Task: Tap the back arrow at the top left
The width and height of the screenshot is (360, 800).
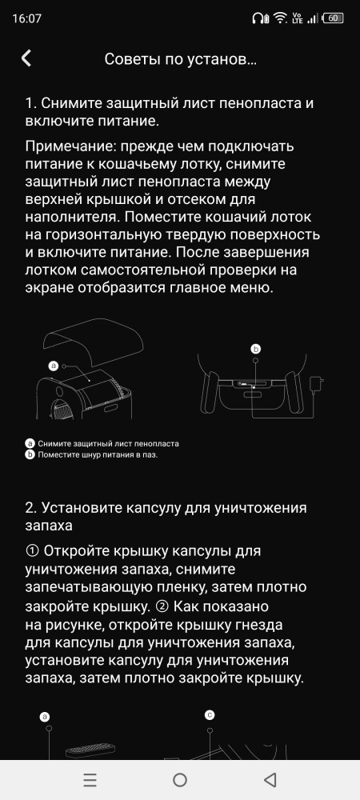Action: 26,58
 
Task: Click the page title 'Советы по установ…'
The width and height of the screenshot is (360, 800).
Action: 180,59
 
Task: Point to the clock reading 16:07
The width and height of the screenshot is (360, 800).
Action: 27,19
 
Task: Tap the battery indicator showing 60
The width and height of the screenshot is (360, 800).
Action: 333,18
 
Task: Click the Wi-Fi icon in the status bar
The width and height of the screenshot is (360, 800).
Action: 279,18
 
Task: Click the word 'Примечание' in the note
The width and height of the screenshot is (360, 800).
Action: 66,147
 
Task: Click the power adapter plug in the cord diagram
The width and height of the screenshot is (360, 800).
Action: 318,382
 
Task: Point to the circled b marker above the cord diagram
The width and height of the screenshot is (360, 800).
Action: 256,349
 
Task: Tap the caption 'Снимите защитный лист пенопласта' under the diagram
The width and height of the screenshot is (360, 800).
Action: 108,443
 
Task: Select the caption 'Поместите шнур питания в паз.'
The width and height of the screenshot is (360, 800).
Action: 98,454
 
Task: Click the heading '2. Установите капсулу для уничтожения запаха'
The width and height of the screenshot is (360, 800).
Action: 166,517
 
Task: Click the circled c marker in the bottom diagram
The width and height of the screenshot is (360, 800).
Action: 210,715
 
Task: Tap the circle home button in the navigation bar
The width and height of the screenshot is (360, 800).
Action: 180,779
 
